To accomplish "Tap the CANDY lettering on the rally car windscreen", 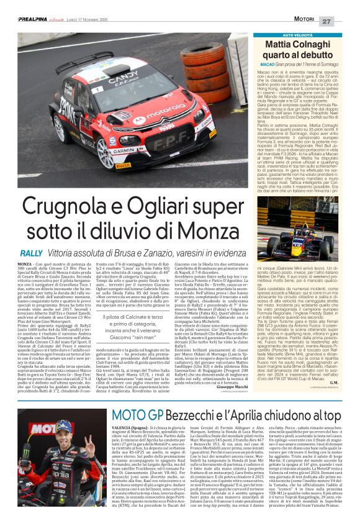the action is (x=125, y=81).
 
